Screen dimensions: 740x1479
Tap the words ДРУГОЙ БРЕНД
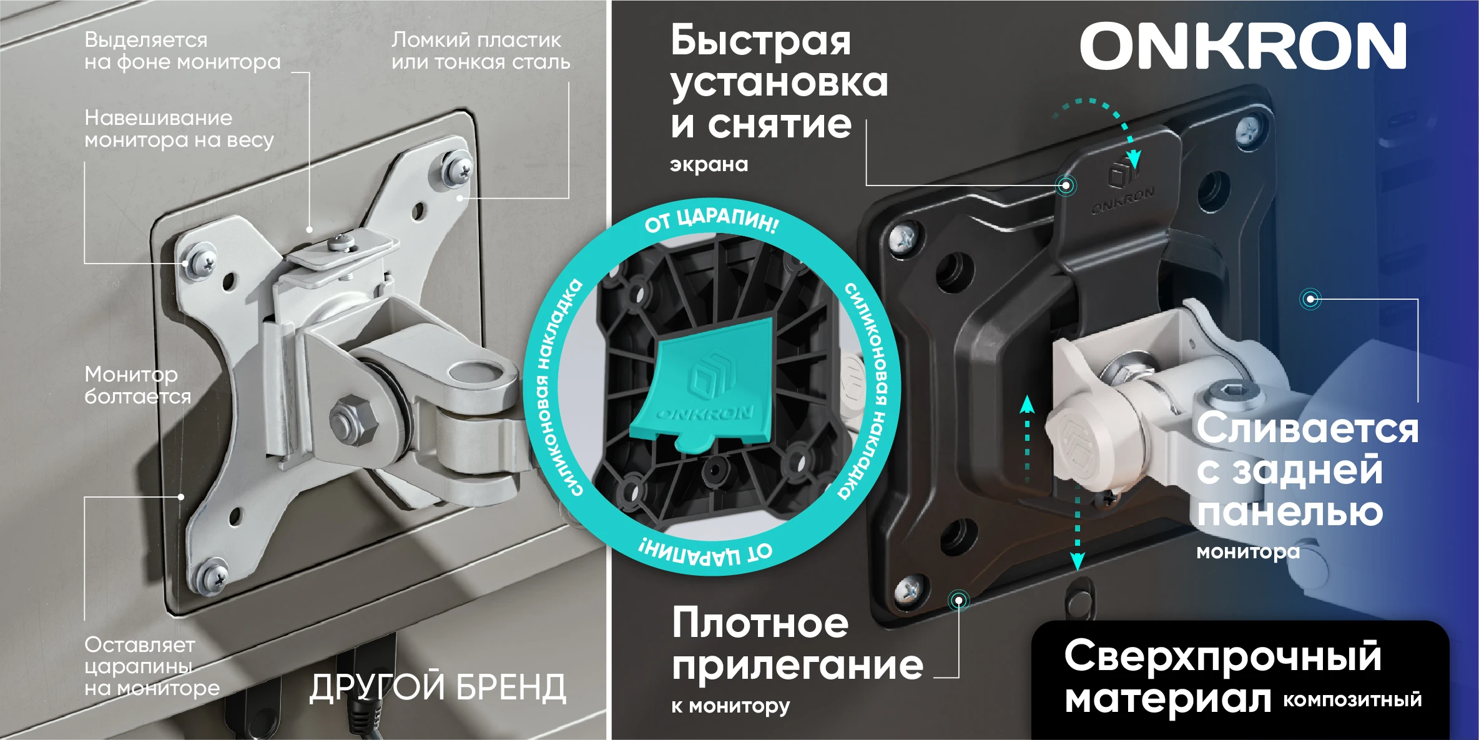(438, 688)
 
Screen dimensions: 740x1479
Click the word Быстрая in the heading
(760, 41)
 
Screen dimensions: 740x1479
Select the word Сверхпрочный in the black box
(1222, 656)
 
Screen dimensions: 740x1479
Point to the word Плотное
(760, 623)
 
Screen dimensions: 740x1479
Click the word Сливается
(1307, 429)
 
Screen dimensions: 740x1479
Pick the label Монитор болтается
(137, 385)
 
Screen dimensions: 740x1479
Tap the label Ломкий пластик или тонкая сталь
(480, 51)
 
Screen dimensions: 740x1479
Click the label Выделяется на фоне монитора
(182, 51)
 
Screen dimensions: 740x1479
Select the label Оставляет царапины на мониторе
(152, 666)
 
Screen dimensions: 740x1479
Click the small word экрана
(709, 165)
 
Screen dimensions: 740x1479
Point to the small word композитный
(1352, 699)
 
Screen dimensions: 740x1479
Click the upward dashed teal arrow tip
(1027, 404)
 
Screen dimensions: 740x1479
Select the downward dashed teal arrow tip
(1077, 561)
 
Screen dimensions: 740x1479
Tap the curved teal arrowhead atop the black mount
(1133, 159)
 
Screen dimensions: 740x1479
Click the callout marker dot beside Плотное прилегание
(958, 601)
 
